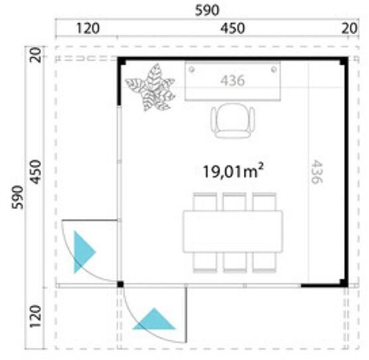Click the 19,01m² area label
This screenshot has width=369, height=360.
(233, 171)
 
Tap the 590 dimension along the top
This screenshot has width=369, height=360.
(207, 11)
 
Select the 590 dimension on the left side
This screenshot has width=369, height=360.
(18, 197)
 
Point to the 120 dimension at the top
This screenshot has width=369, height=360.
(88, 28)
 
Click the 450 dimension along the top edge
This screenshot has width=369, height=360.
(233, 28)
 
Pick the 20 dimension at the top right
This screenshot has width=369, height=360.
(350, 28)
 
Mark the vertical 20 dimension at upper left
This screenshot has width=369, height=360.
(35, 55)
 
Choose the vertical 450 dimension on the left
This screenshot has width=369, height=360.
(36, 172)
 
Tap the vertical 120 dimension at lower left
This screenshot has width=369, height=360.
(35, 316)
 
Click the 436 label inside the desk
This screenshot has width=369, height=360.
(233, 81)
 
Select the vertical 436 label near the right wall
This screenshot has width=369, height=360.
(316, 171)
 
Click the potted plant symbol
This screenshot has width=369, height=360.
(150, 87)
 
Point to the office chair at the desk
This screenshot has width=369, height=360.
(233, 120)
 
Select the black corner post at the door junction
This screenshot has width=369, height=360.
(121, 285)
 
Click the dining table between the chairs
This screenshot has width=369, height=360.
(233, 232)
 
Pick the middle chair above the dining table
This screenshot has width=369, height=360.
(235, 202)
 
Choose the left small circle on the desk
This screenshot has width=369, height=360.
(192, 69)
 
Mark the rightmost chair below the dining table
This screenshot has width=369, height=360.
(264, 262)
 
